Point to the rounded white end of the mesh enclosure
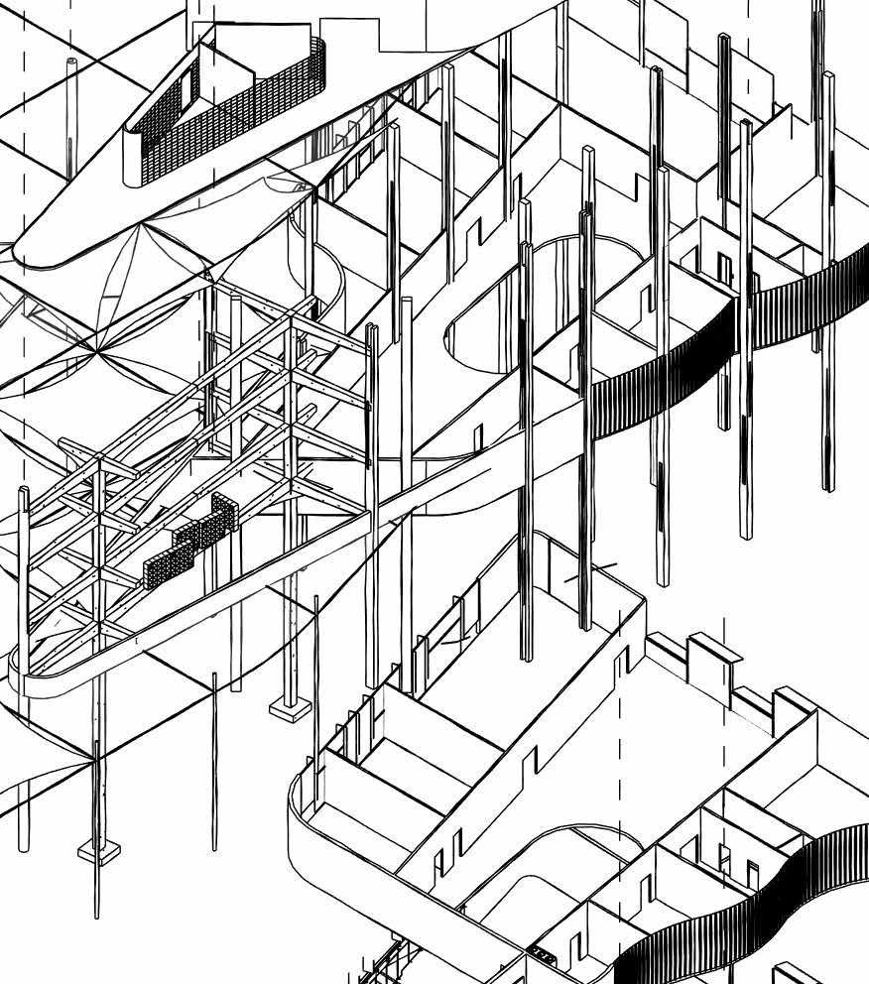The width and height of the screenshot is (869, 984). [133, 159]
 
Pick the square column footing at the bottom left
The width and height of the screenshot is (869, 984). [98, 850]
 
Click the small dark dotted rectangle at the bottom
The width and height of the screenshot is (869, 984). [544, 955]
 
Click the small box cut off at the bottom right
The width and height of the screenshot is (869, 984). [794, 972]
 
